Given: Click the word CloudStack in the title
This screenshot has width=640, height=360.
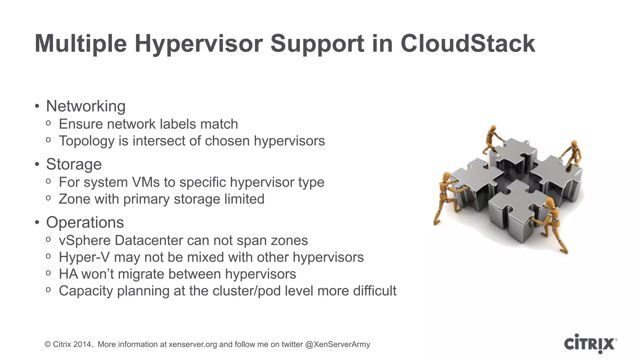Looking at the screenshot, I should coord(468,43).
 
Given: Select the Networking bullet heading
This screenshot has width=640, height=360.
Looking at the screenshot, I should coord(86,106).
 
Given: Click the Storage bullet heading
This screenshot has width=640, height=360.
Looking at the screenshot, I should coord(74,164).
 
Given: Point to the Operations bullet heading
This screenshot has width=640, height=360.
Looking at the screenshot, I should coord(85,222).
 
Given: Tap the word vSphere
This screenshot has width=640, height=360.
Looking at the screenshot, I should coord(84,241).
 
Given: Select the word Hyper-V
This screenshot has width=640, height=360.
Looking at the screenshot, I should coord(84,257).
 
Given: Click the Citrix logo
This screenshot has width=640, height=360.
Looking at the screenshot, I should coord(590,344).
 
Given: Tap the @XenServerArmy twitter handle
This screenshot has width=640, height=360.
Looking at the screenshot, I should coord(337,344).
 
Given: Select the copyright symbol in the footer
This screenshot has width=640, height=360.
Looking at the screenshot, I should coord(48,344).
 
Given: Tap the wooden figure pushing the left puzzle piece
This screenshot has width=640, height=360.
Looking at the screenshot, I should coord(447,197).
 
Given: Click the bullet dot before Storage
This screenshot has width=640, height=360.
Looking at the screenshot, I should coord(37,164).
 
